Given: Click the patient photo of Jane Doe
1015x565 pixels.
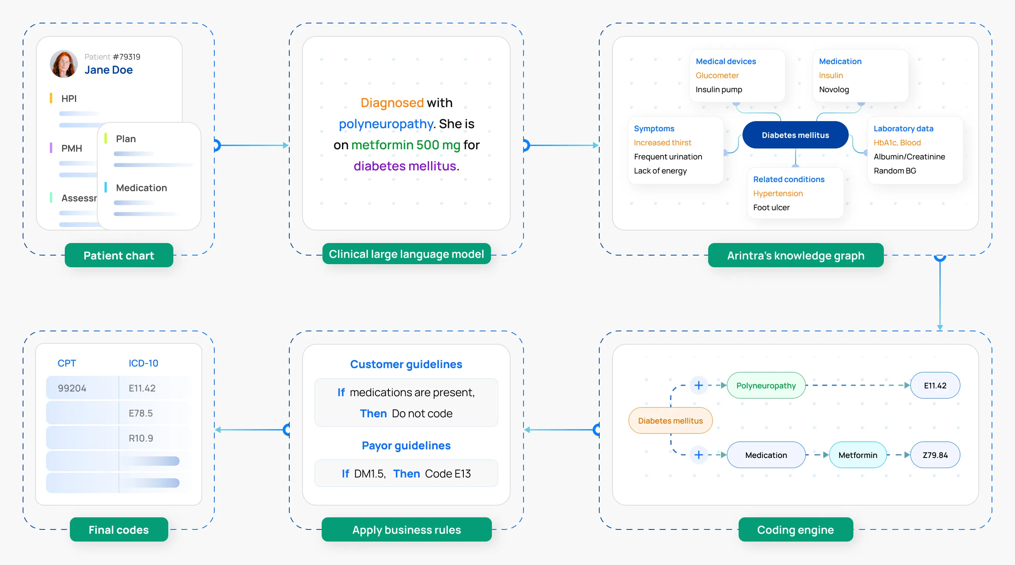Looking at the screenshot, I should (63, 63).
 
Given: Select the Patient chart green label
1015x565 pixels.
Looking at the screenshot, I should (119, 256).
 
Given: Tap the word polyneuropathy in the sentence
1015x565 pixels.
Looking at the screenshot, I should (386, 124).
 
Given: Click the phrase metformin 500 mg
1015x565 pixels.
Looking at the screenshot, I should (406, 145).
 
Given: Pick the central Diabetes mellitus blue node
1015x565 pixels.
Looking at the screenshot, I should (795, 135).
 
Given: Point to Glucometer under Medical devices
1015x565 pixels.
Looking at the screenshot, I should (717, 75).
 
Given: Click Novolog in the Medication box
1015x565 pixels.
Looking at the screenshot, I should (833, 89).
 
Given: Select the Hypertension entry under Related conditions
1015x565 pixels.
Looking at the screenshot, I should (777, 193).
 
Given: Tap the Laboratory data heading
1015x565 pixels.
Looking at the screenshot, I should (903, 129).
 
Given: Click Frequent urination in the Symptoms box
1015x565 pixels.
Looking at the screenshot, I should (668, 157).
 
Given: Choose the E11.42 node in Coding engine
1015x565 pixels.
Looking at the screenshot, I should (935, 385).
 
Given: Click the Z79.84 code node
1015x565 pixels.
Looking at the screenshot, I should (935, 454).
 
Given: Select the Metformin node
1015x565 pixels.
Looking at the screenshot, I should (857, 454).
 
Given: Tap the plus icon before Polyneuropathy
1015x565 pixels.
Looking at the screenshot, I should (698, 385).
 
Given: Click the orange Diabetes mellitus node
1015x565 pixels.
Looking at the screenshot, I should (670, 420).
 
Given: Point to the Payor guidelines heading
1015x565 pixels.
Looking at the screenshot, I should (406, 445).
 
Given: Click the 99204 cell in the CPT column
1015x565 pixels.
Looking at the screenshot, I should (72, 388).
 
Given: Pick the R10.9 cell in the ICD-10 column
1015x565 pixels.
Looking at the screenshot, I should (141, 438).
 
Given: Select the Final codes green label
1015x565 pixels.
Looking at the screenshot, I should (119, 529).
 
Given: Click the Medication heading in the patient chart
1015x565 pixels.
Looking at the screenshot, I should (141, 188).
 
